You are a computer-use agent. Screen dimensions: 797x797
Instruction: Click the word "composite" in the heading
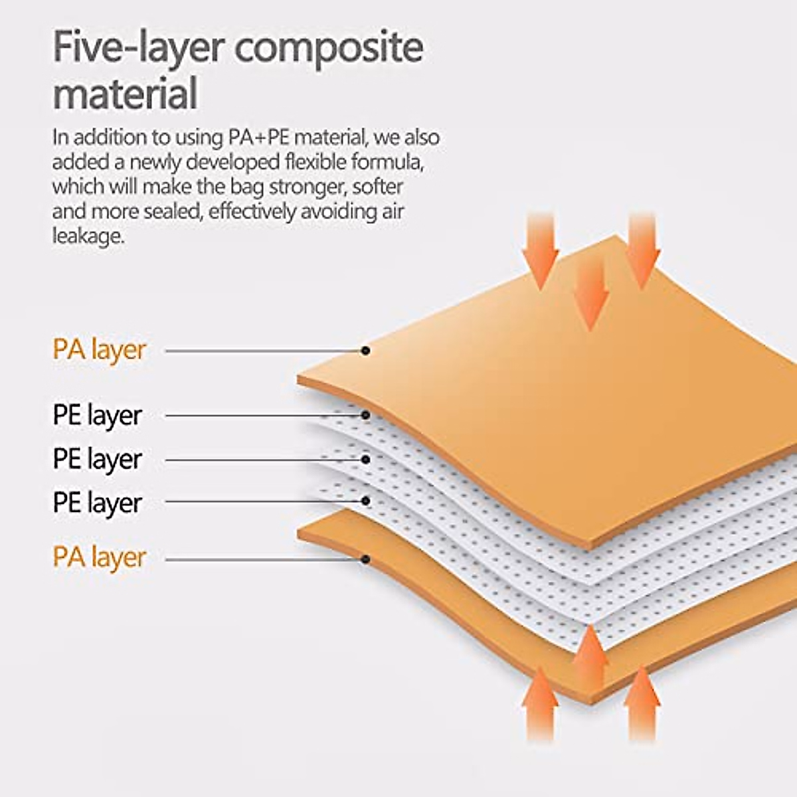[x=329, y=48]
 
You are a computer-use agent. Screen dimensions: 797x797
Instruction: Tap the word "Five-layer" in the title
[x=139, y=48]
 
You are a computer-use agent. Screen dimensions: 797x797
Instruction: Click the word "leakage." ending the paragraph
[x=88, y=236]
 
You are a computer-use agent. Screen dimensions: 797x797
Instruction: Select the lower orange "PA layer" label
[x=99, y=559]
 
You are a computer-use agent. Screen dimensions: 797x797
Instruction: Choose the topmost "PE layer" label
[x=98, y=416]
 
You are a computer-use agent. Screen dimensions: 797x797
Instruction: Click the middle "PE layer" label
[x=98, y=460]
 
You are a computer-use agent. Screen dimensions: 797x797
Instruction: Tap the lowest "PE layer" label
[x=98, y=503]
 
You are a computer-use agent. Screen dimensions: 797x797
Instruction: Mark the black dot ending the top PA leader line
[x=365, y=351]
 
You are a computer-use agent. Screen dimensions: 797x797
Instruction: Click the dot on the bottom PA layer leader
[x=365, y=559]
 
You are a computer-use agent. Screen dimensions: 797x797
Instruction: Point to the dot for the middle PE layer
[x=365, y=459]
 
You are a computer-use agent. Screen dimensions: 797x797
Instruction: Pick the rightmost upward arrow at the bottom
[x=642, y=708]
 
